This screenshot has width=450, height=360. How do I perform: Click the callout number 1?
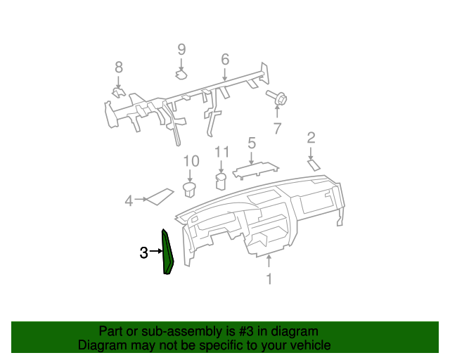[x=268, y=280]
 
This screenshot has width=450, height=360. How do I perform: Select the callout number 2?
[x=311, y=138]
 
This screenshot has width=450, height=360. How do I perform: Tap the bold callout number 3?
[x=143, y=252]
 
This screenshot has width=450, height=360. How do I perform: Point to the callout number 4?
[x=129, y=201]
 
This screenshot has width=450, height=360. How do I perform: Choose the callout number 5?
[x=251, y=143]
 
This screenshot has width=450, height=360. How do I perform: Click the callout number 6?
[x=225, y=58]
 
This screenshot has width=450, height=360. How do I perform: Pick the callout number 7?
[x=277, y=128]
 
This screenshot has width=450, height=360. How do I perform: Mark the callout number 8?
[x=118, y=67]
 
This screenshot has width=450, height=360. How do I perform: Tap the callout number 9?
[x=181, y=49]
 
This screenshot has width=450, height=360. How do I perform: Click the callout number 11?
[x=222, y=152]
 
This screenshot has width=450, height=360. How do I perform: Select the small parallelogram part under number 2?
[x=314, y=164]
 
